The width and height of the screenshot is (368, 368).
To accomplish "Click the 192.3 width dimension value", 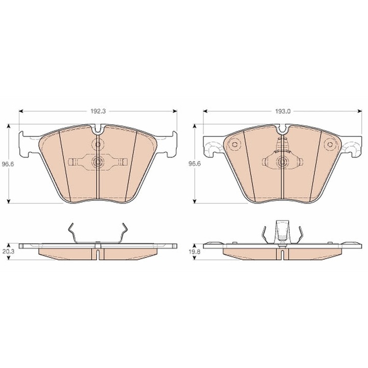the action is point(98,111).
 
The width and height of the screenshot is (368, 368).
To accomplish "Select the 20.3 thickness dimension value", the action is point(9,251).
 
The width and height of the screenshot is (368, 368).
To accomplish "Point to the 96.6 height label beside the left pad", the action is point(8,164).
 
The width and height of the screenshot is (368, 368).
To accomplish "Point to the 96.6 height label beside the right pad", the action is point(195,164).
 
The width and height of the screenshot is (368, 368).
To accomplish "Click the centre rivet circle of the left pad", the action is point(98,162).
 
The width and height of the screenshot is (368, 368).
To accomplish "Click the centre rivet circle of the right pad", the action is point(282,162).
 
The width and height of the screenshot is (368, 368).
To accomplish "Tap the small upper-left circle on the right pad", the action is point(234,144).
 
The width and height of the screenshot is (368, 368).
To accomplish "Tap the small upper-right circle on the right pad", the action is point(330,144).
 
